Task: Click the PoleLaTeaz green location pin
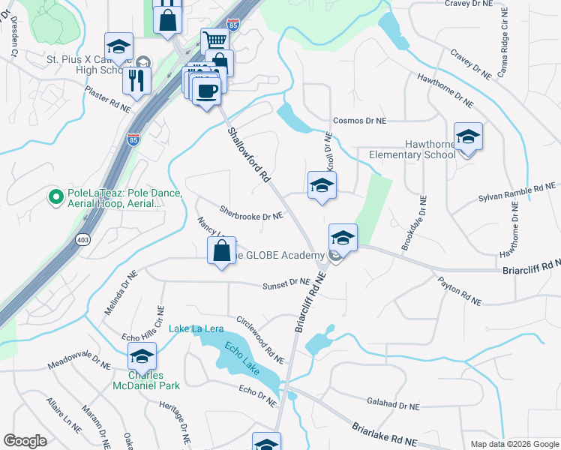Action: coord(55,197)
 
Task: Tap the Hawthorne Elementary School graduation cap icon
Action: coord(468,137)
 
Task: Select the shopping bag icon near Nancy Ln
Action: coord(222,251)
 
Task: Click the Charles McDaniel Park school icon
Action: coord(141,356)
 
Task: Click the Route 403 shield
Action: coord(82,240)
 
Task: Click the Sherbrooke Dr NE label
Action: coord(251,214)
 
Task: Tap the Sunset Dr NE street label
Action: coord(286,283)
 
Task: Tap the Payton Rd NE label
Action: coord(460,289)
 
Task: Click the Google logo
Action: coord(25,440)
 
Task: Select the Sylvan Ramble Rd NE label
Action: coord(518,193)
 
